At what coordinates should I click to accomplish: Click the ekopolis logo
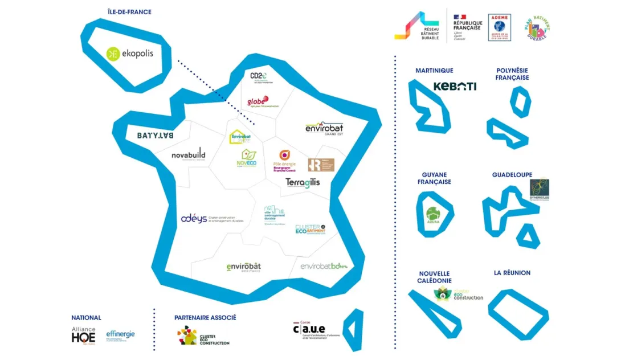tap(130, 54)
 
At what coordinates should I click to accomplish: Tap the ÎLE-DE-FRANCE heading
tap(129, 12)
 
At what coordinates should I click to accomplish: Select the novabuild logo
tap(189, 155)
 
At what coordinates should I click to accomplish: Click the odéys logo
tap(194, 218)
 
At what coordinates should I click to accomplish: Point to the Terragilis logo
tap(303, 182)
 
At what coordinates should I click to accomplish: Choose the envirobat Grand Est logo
tap(324, 129)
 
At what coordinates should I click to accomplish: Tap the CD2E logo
tap(259, 76)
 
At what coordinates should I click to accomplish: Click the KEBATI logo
tap(455, 87)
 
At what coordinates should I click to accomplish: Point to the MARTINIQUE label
tap(434, 71)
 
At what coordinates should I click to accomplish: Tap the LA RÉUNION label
tap(512, 273)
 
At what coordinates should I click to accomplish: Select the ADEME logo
tap(499, 27)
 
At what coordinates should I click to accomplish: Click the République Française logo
tap(467, 27)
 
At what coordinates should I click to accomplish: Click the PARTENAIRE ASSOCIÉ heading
tap(205, 317)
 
